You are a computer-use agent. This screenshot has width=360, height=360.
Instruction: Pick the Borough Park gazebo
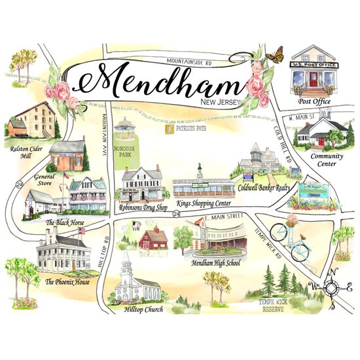pos(124,128)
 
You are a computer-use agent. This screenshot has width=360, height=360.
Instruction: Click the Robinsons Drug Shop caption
pos(142,206)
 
